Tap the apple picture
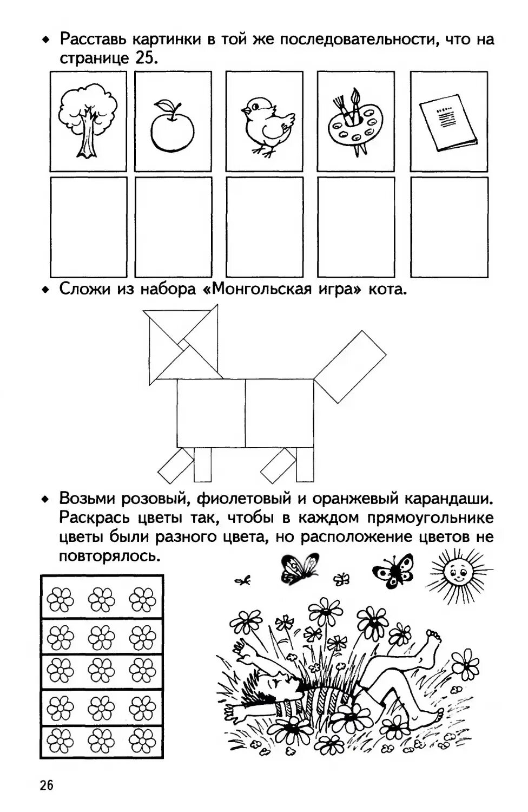click(173, 127)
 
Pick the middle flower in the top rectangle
click(101, 599)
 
